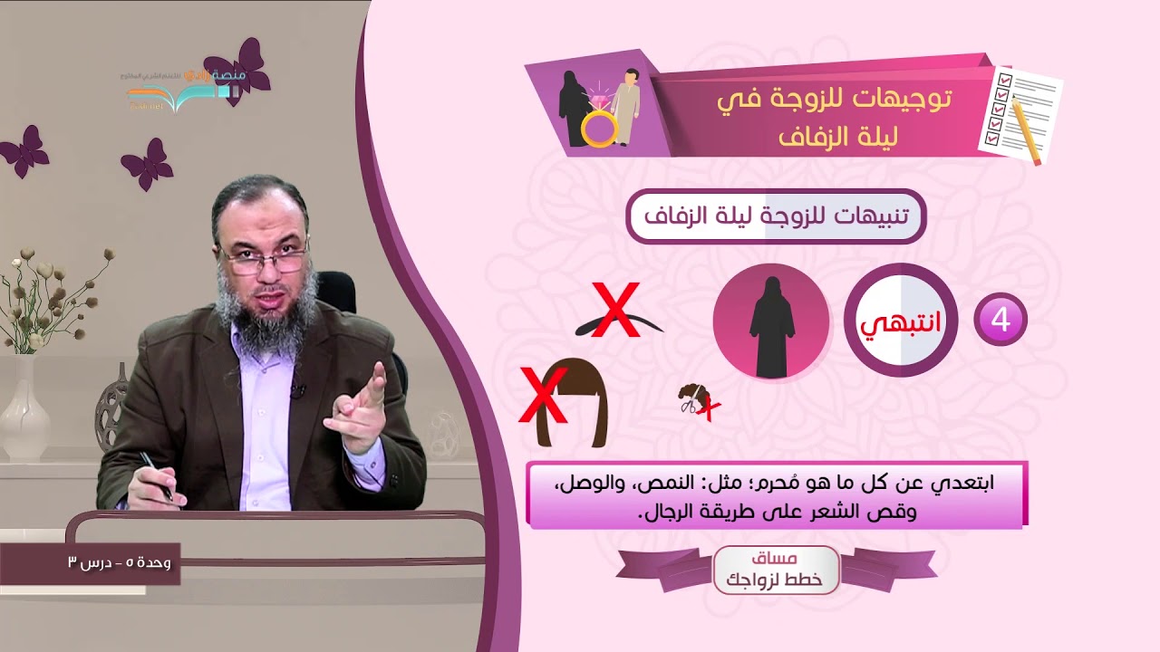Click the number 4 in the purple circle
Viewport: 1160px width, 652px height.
pos(1000,319)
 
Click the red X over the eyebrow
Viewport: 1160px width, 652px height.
pos(615,310)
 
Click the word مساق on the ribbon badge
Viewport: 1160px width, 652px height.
pos(776,559)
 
